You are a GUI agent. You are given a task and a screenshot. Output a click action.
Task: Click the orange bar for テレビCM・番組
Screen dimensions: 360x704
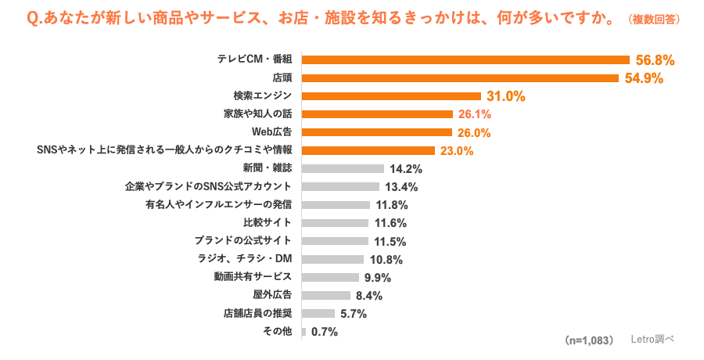coord(465,59)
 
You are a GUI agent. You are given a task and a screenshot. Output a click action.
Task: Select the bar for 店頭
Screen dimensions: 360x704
coord(460,77)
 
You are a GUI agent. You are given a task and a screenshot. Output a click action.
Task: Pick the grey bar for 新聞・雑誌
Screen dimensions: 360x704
coord(343,168)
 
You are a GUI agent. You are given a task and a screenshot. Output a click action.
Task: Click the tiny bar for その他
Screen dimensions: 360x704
coord(304,331)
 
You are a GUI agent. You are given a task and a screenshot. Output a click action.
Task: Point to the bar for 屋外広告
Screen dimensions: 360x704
coord(326,295)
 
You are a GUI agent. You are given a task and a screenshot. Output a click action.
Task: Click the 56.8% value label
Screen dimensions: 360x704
coord(655,59)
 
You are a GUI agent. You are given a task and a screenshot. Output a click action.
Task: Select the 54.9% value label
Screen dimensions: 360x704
coord(644,77)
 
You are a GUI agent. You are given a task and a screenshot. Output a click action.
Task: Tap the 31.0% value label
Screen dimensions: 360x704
coord(505,96)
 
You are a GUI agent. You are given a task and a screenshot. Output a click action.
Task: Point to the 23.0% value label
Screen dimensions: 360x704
coord(458,150)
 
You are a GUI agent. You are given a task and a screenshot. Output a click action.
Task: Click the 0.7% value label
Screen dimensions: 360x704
coord(325,332)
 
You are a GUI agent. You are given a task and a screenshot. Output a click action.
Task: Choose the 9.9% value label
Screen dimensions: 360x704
coord(377,277)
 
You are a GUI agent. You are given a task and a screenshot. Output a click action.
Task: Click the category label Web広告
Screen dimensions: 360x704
coord(271,131)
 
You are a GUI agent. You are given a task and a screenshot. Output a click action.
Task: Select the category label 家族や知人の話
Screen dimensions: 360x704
coord(257,113)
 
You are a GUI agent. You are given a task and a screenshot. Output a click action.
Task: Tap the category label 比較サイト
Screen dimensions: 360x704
coord(268,222)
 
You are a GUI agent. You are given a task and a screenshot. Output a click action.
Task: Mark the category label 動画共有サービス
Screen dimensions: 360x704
coord(253,277)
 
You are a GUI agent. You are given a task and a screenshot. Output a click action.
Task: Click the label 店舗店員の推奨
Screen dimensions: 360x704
coord(257,313)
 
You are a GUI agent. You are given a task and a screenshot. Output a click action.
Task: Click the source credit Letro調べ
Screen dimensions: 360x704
coord(652,340)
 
